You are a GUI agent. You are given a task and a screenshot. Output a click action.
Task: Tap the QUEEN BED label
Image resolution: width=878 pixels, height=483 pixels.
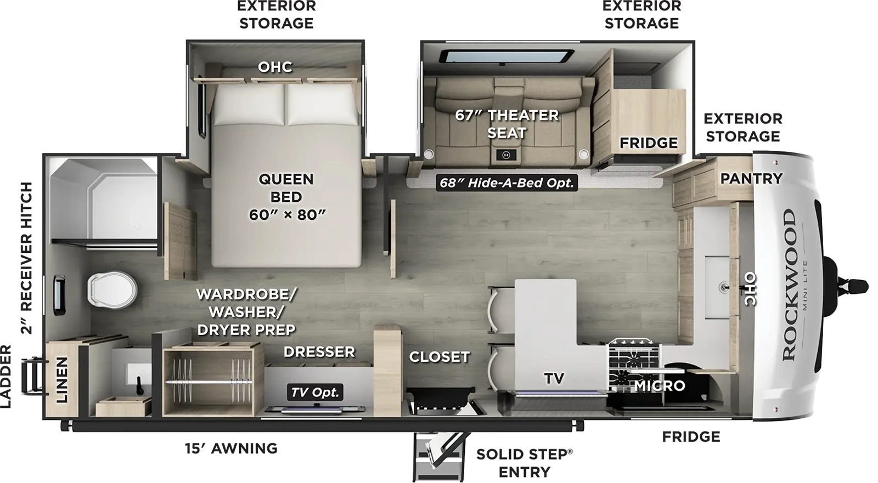coord(286,197)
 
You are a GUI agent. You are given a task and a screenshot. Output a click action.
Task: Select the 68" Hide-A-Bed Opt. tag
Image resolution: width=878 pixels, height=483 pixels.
coord(506,183)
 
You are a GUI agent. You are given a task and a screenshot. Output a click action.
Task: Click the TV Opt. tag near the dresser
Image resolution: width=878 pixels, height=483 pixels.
coord(315,392)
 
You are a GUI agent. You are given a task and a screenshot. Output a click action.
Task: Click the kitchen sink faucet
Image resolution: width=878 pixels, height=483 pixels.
coord(724,286)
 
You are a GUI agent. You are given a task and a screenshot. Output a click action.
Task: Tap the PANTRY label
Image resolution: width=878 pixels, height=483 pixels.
coord(751,178)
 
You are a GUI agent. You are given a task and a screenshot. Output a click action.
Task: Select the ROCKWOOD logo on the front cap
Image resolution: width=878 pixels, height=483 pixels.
coord(789,285)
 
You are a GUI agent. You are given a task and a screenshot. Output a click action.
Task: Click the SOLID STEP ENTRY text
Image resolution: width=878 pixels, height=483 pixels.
coord(524,463)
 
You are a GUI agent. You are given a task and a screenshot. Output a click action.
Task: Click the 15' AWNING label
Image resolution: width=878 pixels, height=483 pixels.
coord(231,448)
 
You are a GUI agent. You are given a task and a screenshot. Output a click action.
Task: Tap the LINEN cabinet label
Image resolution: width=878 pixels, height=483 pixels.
coord(62,379)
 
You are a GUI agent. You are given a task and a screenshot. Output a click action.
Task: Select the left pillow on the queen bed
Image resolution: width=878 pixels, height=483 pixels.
coord(249,105)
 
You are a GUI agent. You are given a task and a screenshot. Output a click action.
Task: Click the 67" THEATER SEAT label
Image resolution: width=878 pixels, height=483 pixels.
coord(506,123)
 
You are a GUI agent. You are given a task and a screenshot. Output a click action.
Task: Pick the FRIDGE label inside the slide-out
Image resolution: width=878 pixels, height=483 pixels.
coord(648,143)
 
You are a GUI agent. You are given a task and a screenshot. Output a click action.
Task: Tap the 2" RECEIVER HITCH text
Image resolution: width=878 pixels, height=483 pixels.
coord(26,258)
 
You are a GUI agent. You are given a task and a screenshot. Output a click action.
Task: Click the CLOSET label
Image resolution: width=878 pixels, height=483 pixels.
coord(439,356)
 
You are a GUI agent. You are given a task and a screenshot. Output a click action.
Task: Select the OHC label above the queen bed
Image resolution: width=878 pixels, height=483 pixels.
coord(275,67)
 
